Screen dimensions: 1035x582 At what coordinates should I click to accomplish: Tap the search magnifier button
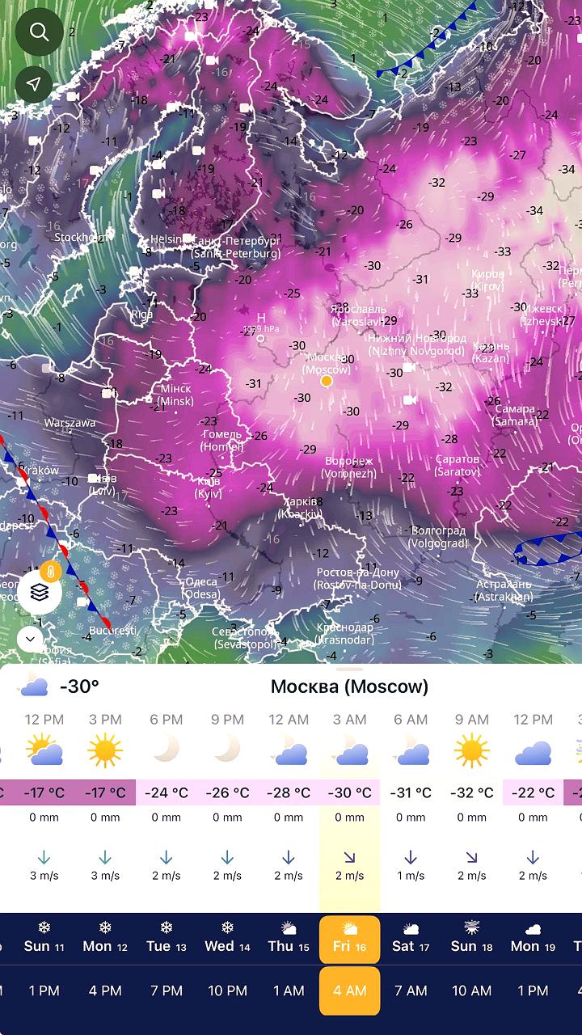39,32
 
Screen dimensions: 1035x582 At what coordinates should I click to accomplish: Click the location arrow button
34,84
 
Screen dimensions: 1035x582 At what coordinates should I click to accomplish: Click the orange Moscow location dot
327,381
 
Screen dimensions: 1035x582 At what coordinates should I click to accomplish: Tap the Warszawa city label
70,423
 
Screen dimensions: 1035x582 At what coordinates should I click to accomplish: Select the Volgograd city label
439,537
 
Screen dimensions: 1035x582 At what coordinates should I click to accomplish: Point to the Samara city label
515,415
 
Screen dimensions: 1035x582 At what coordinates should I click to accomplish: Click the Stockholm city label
79,238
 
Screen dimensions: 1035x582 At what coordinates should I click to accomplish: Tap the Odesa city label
200,587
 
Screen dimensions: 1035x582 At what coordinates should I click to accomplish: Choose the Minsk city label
175,395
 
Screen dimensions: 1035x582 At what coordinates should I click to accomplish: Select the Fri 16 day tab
349,940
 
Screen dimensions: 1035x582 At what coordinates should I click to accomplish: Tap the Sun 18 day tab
471,940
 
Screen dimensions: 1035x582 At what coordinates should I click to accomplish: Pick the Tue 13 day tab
166,940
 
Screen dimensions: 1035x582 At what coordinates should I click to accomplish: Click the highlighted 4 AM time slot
349,991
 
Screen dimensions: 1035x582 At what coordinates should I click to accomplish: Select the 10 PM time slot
227,991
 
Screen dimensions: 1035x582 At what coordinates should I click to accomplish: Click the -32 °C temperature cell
471,792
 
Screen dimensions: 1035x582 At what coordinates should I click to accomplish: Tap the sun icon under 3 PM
105,751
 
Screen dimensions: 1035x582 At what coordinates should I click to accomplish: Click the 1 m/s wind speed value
411,876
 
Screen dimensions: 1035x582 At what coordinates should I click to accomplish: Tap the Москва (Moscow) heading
349,686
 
